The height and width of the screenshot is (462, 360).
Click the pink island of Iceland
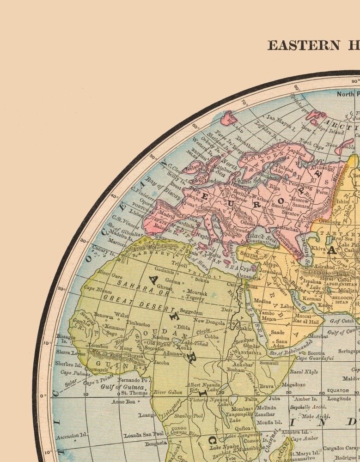[230, 118]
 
